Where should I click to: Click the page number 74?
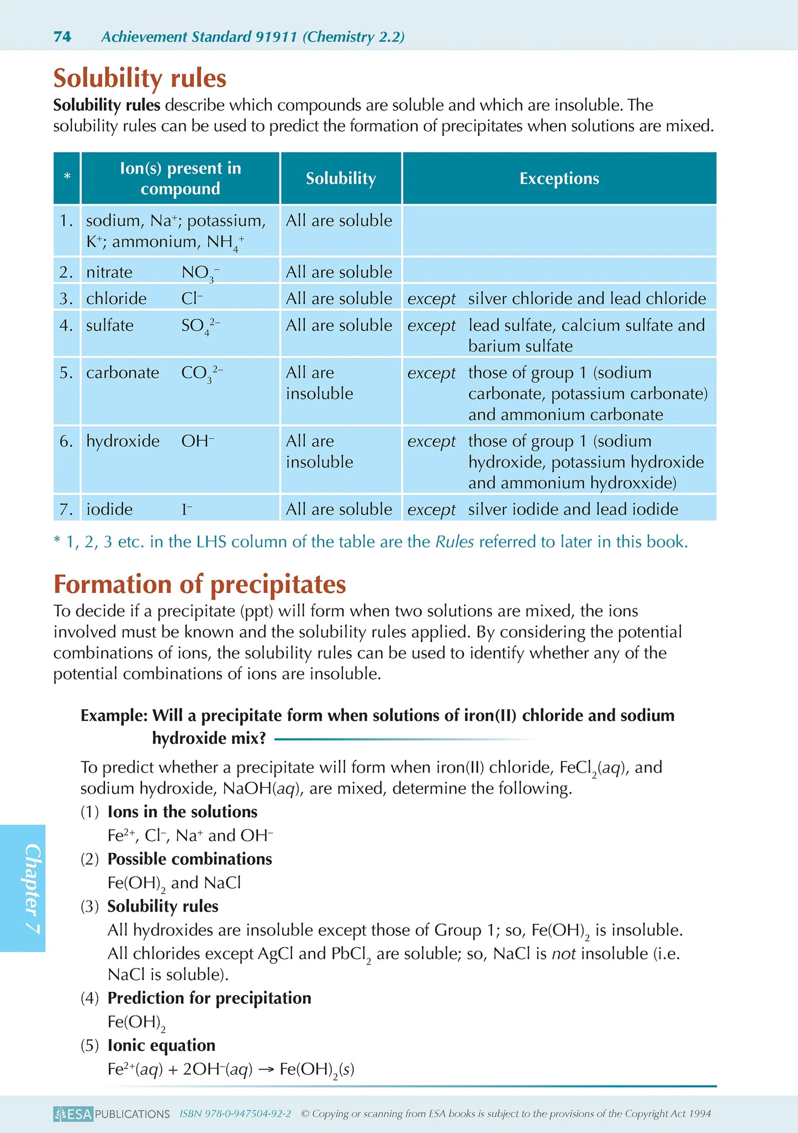pyautogui.click(x=62, y=37)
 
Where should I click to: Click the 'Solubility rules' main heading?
pyautogui.click(x=140, y=78)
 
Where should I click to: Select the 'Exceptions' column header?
pyautogui.click(x=559, y=178)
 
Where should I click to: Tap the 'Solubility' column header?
pyautogui.click(x=341, y=178)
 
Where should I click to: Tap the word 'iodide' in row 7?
pyautogui.click(x=109, y=509)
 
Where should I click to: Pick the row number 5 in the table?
pyautogui.click(x=66, y=373)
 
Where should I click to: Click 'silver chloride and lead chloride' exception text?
pyautogui.click(x=587, y=299)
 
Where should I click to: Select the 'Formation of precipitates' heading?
pyautogui.click(x=199, y=584)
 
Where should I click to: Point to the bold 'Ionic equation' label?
pyautogui.click(x=161, y=1045)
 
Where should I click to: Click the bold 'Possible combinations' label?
pyautogui.click(x=189, y=859)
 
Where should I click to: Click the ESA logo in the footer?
pyautogui.click(x=73, y=1114)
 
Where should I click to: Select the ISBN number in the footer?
pyautogui.click(x=235, y=1114)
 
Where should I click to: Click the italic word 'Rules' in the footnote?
pyautogui.click(x=455, y=542)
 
